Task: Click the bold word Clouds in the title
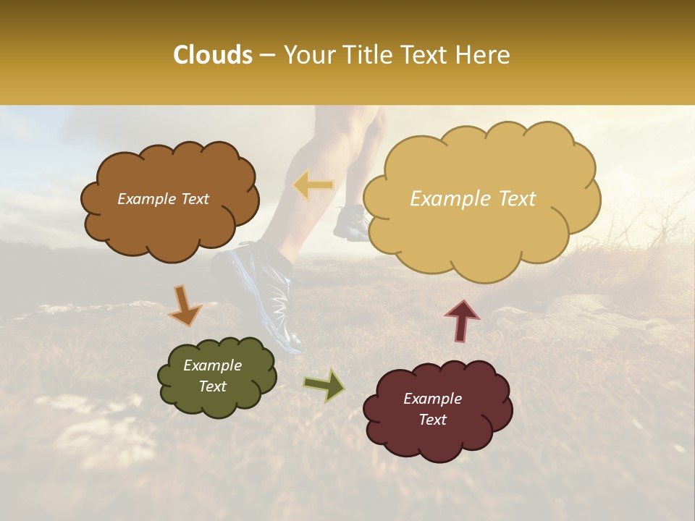pyautogui.click(x=213, y=55)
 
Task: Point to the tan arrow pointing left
pyautogui.click(x=313, y=186)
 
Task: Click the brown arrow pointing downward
pyautogui.click(x=185, y=305)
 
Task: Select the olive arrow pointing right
pyautogui.click(x=324, y=385)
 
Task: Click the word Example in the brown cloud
pyautogui.click(x=146, y=199)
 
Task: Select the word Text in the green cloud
pyautogui.click(x=212, y=386)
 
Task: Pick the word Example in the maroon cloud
pyautogui.click(x=432, y=399)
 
